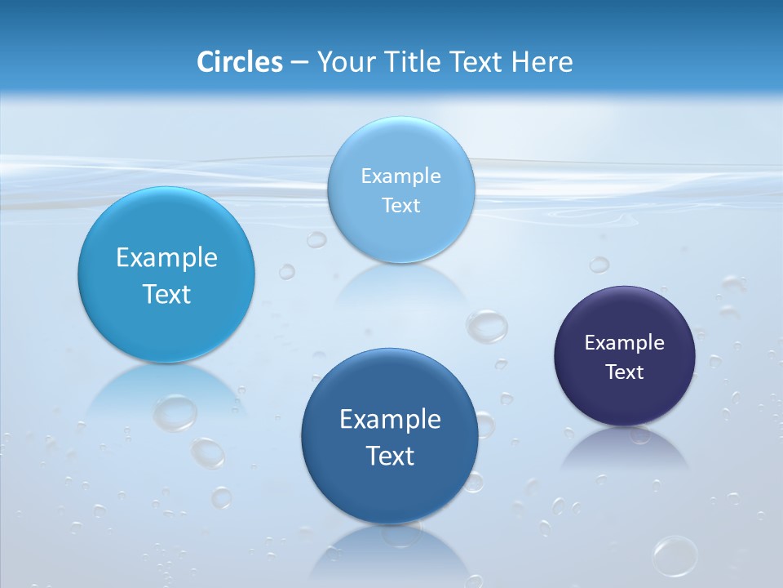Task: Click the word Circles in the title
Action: (x=239, y=62)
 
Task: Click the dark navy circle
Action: (x=624, y=355)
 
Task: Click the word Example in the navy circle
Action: (x=624, y=342)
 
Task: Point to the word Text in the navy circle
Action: (x=625, y=372)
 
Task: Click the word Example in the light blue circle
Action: (x=400, y=176)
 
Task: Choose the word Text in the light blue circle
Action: (x=400, y=206)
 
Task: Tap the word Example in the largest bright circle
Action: (x=166, y=257)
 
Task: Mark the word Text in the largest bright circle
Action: (x=166, y=294)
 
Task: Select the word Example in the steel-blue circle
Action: (x=390, y=419)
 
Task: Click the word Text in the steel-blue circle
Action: (x=390, y=456)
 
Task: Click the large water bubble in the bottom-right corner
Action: (x=675, y=555)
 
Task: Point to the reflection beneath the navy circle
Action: (x=625, y=449)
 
